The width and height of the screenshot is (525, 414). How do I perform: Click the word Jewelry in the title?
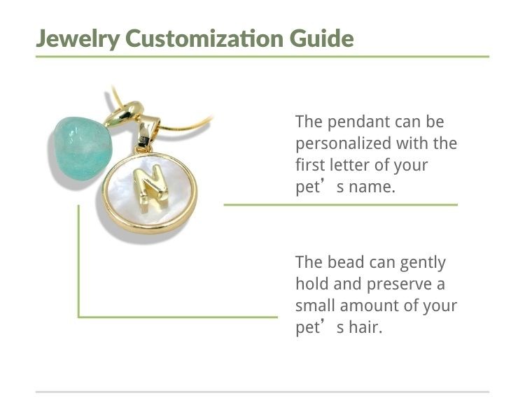pyautogui.click(x=78, y=38)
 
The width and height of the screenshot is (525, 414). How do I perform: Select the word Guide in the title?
pyautogui.click(x=322, y=38)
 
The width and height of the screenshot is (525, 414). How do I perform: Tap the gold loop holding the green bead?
pyautogui.click(x=124, y=115)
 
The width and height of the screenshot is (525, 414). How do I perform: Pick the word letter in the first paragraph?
pyautogui.click(x=350, y=165)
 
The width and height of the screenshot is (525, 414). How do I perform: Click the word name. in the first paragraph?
pyautogui.click(x=372, y=187)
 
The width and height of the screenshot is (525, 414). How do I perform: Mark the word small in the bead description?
pyautogui.click(x=315, y=305)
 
